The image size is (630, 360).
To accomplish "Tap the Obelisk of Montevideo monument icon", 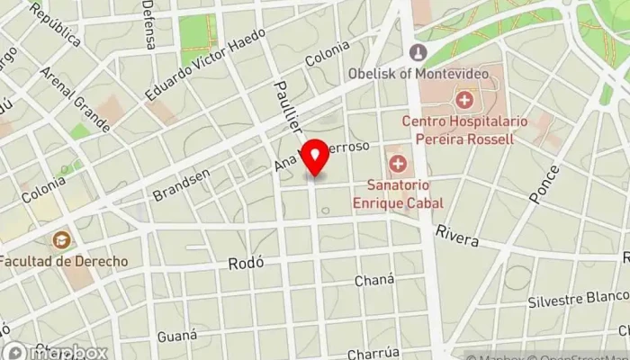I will (x=418, y=53).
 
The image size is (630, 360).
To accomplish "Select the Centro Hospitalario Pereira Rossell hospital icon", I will (x=465, y=99).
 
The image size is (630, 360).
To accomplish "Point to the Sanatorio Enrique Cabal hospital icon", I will (x=398, y=165).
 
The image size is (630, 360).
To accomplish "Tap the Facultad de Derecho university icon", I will (x=61, y=240).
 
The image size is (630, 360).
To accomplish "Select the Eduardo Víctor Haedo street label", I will (x=205, y=66).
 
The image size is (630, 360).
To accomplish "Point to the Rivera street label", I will (x=456, y=235).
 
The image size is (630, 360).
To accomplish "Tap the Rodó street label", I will (x=245, y=264).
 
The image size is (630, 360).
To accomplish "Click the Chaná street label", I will (x=374, y=281).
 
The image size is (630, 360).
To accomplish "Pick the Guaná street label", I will (x=176, y=336).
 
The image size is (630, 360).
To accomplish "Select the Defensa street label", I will (x=148, y=25).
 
